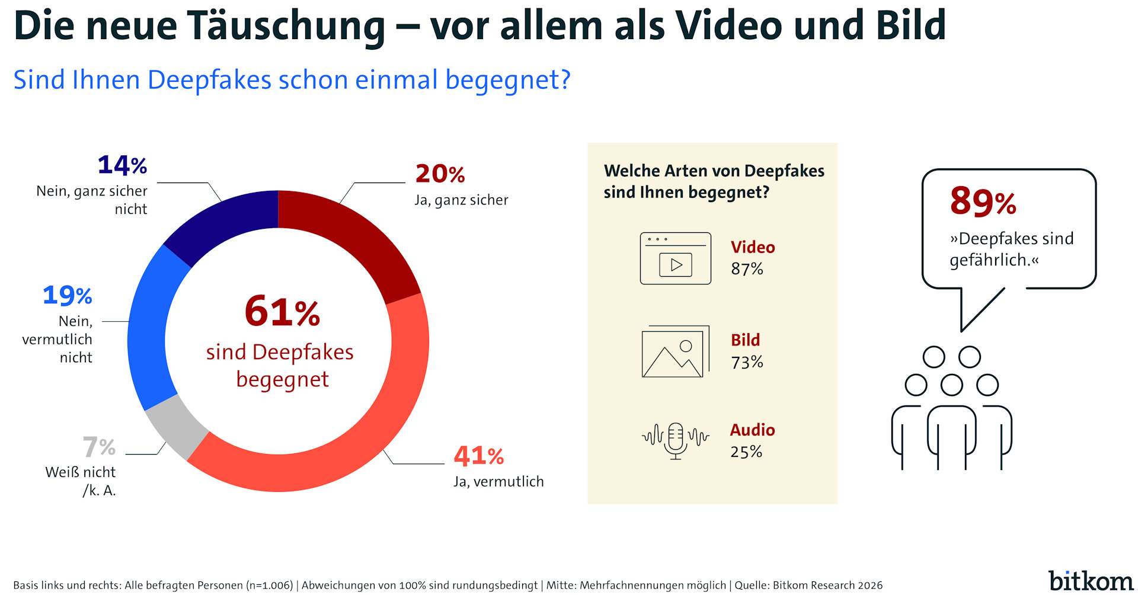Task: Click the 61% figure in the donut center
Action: [282, 311]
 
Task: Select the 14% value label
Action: [122, 165]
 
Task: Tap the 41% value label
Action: [479, 456]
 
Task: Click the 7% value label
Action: [99, 447]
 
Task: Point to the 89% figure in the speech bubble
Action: [983, 201]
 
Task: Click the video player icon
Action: [675, 258]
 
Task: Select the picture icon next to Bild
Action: [675, 351]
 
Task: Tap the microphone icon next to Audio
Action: [675, 440]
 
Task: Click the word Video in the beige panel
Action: [753, 247]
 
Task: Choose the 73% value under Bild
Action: [747, 362]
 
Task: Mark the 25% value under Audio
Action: [746, 452]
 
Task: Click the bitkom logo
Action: [1091, 581]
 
